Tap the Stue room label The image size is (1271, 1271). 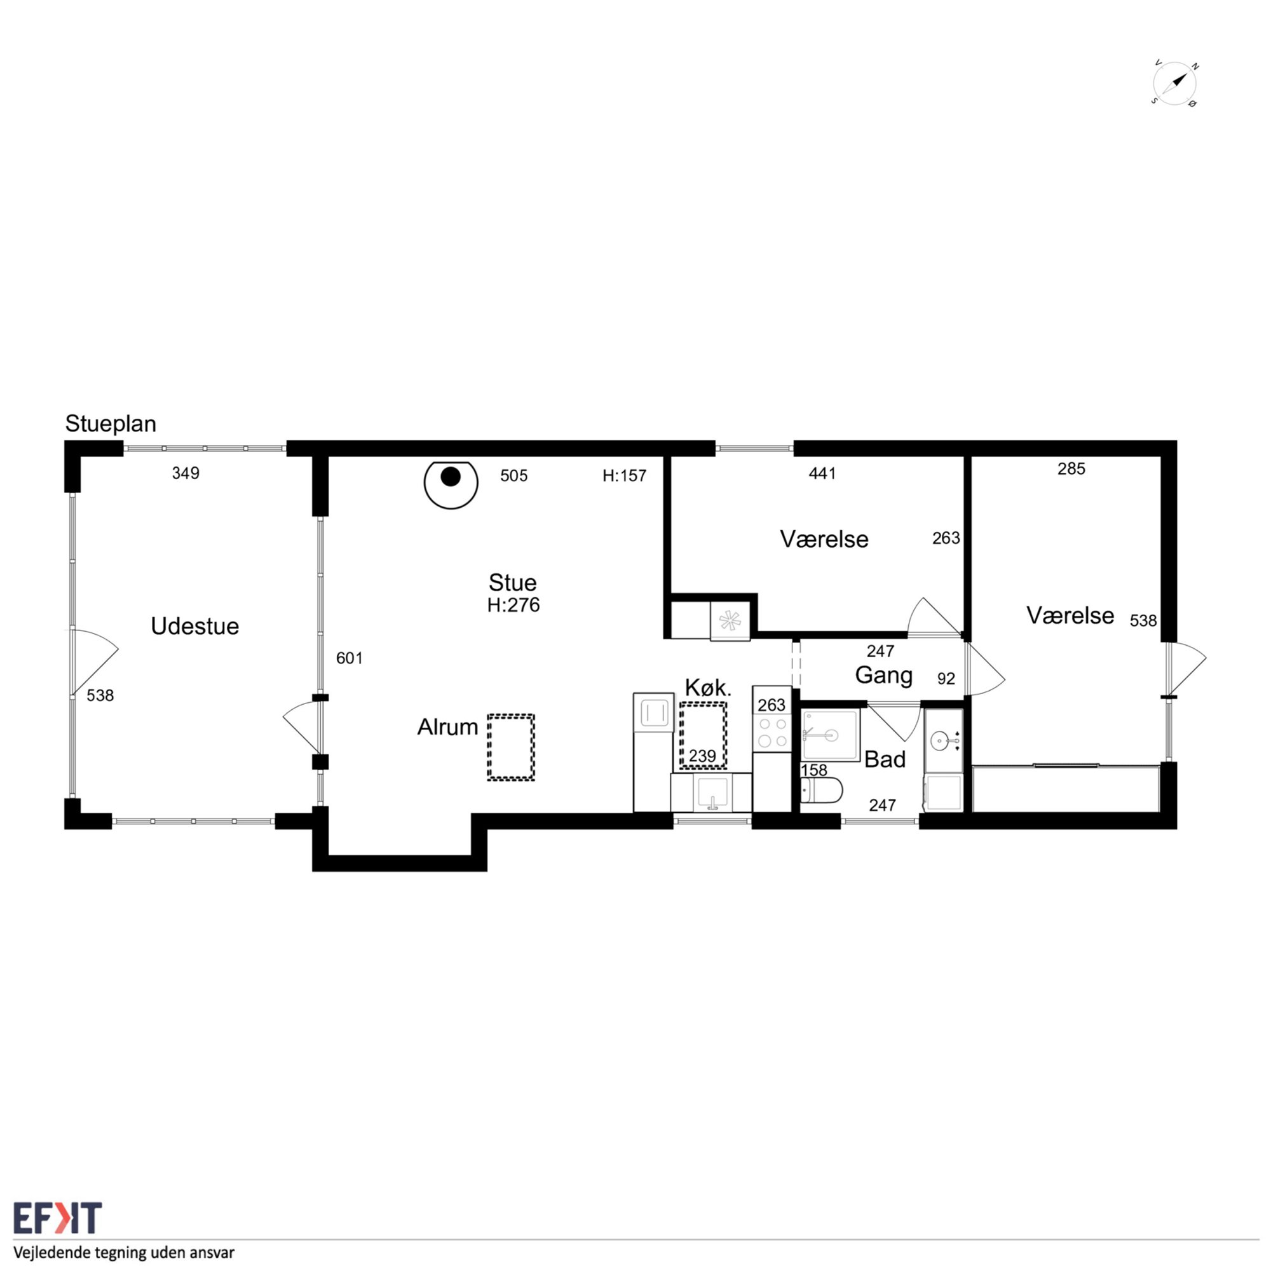[512, 582]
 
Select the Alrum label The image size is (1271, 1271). [447, 727]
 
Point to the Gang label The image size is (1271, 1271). [883, 676]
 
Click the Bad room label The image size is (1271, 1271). [885, 759]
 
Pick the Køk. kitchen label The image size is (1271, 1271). [709, 688]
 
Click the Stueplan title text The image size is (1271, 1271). [111, 425]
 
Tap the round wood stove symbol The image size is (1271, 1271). [451, 484]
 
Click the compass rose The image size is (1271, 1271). [1175, 83]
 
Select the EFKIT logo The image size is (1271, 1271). [58, 1218]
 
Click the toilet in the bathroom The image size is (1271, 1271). [821, 790]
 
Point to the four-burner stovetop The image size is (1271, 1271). [772, 732]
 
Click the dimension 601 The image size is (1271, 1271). [350, 658]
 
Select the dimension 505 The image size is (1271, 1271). [513, 475]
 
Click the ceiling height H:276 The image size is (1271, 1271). [513, 605]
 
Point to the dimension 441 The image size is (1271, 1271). [822, 473]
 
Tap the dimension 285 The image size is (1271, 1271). [1071, 468]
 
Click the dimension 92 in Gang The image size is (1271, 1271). [946, 678]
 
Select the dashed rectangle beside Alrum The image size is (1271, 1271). [510, 747]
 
